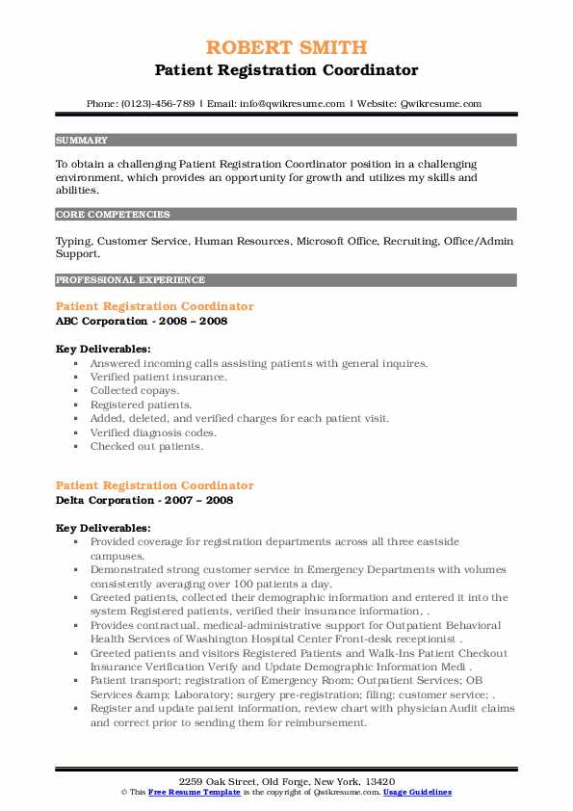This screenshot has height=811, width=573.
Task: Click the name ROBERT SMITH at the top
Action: pyautogui.click(x=286, y=47)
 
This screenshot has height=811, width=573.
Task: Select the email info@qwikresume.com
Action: pyautogui.click(x=292, y=103)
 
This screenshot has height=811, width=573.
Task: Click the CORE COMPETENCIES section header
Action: pyautogui.click(x=113, y=215)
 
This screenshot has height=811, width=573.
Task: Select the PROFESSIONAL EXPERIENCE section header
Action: pyautogui.click(x=130, y=280)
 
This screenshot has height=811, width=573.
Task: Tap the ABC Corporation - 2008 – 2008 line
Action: pyautogui.click(x=142, y=321)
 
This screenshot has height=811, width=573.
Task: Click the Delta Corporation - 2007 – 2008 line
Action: pyautogui.click(x=144, y=500)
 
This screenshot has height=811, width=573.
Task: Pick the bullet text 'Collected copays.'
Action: pyautogui.click(x=135, y=391)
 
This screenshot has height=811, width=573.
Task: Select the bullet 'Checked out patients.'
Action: pyautogui.click(x=147, y=447)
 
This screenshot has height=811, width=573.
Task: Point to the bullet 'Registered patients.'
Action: pyautogui.click(x=142, y=405)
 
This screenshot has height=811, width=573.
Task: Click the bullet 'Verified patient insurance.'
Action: pyautogui.click(x=159, y=377)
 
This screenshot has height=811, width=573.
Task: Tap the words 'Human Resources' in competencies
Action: pyautogui.click(x=242, y=241)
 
